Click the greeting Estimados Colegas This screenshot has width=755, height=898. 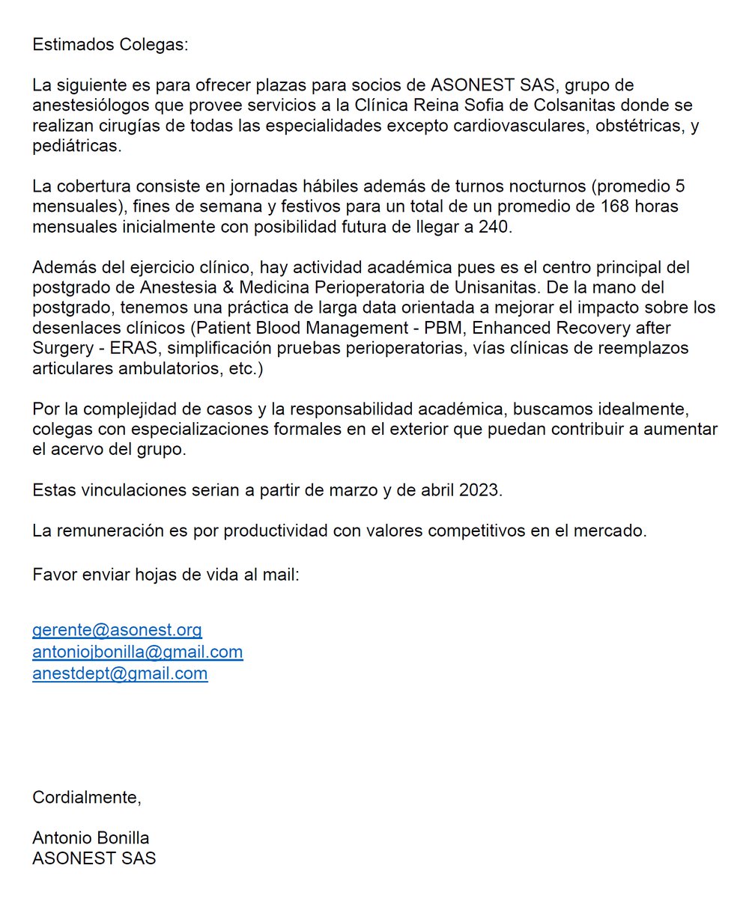[x=111, y=44]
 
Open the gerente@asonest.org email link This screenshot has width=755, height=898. [x=117, y=630]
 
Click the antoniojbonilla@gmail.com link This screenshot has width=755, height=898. [x=137, y=652]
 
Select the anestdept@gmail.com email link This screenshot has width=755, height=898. [x=120, y=673]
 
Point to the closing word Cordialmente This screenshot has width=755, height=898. [x=86, y=798]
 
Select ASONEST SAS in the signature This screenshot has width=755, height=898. [x=94, y=858]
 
